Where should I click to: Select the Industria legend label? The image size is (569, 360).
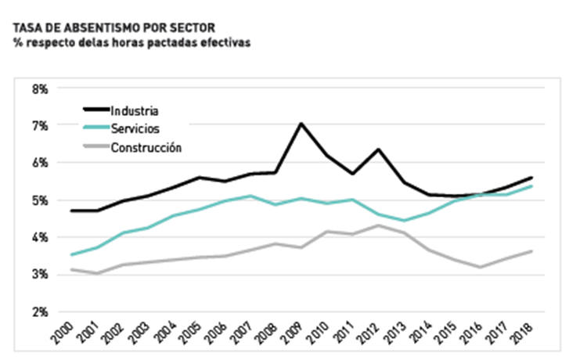pos(135,110)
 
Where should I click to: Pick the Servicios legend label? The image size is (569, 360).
pos(135,128)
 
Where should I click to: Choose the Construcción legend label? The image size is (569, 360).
pos(146,147)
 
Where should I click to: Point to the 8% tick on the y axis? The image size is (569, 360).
pos(40,89)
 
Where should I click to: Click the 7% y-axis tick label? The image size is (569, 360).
pos(40,126)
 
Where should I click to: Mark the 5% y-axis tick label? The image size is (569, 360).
pos(40,200)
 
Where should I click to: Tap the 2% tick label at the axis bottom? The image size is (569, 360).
pos(40,311)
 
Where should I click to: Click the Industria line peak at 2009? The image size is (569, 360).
pos(301,124)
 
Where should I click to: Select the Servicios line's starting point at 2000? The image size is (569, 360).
pos(71,254)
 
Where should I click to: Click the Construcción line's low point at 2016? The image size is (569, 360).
pos(479,267)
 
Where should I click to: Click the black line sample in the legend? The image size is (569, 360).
pos(95,110)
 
